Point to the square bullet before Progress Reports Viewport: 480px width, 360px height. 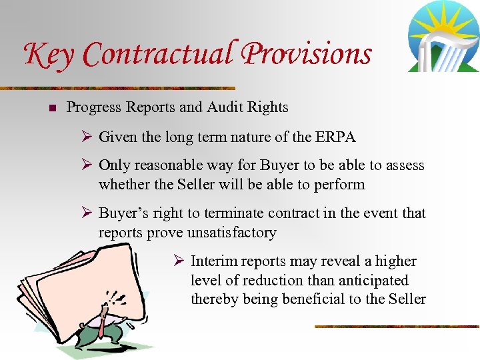point(53,107)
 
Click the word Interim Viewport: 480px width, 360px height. point(213,261)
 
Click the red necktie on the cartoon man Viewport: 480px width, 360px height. point(101,326)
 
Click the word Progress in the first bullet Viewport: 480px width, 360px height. point(94,107)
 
